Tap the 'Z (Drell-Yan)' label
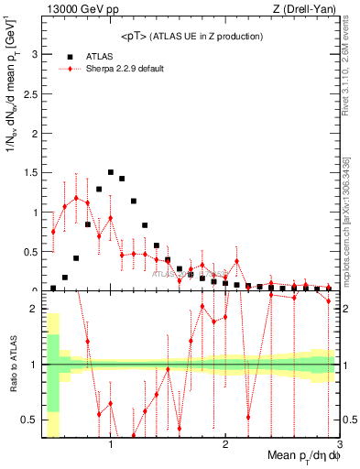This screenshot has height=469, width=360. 304,9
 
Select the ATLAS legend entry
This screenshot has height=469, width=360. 98,55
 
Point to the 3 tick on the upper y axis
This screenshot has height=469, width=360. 34,54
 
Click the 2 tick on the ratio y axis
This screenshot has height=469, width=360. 34,309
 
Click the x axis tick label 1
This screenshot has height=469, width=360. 111,444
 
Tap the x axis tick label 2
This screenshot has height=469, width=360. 225,444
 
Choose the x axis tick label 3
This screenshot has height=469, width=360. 339,444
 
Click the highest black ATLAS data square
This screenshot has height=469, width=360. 111,172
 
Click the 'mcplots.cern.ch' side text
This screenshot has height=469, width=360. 350,243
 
